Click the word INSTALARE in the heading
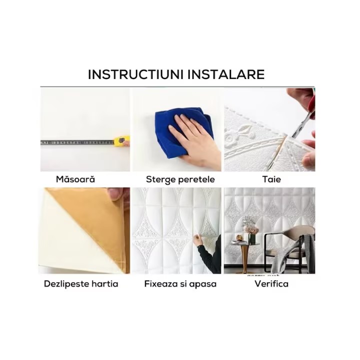point(226,74)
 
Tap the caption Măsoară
point(75,179)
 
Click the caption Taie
point(271,179)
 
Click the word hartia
point(105,284)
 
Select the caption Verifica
point(271,284)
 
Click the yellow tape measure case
point(121,141)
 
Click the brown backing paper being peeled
point(92,220)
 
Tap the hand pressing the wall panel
point(197,240)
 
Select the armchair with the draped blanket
point(289,249)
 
